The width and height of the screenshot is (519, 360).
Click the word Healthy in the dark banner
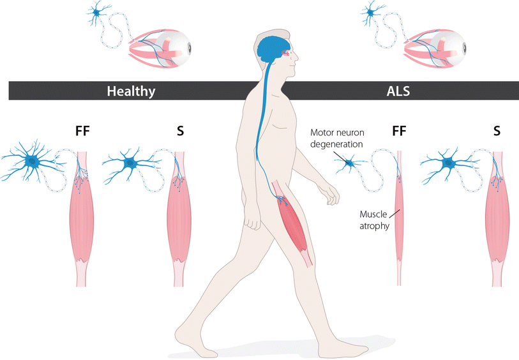click(x=130, y=91)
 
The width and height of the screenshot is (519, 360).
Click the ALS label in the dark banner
click(x=398, y=91)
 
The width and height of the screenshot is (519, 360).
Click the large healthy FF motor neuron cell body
click(x=31, y=163)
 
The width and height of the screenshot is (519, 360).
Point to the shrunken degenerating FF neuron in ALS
click(x=350, y=163)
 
